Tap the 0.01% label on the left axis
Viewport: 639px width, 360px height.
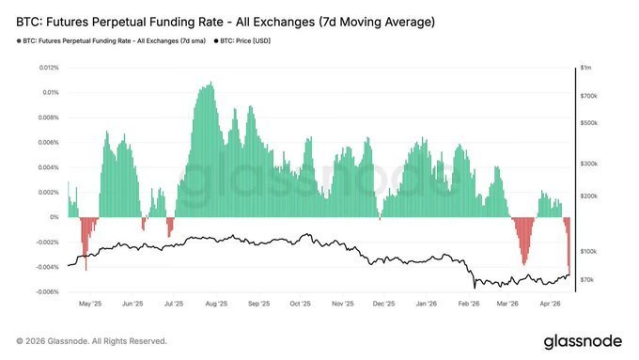point(50,93)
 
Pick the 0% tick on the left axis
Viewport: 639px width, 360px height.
point(55,217)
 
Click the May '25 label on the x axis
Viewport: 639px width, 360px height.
point(89,305)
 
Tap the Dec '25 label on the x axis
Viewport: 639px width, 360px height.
point(383,305)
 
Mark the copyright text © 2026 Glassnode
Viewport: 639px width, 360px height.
point(92,340)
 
